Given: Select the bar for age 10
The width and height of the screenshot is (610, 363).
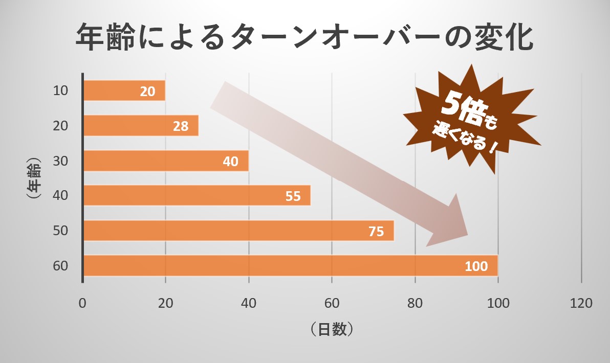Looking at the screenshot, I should [x=113, y=91].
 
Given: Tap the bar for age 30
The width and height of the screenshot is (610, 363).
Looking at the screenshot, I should [x=154, y=161].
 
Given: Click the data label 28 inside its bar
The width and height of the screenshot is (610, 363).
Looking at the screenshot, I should [x=181, y=126].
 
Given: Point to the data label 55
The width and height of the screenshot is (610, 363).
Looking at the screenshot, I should [x=293, y=196].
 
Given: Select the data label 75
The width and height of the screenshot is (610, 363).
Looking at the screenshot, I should [x=376, y=232].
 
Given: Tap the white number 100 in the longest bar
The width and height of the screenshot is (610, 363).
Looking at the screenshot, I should [x=476, y=266].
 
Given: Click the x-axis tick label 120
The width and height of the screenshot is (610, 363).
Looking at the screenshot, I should [x=581, y=303].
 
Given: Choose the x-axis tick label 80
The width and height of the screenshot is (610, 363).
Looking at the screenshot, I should [x=415, y=303].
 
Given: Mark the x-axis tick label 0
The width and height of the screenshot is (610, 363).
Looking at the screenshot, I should [x=82, y=303].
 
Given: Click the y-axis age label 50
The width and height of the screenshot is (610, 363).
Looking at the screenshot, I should [x=60, y=231].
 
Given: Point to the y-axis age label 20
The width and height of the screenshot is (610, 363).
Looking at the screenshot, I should [x=60, y=126].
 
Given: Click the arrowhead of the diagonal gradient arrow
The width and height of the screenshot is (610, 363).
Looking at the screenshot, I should [x=450, y=225].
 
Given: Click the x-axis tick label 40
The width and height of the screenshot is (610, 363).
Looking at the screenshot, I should [x=249, y=303].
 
